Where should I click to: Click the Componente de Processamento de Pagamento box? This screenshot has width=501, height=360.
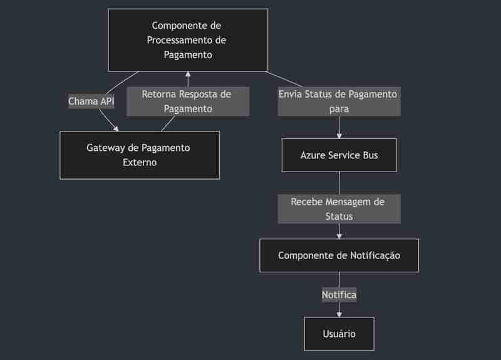tap(188, 40)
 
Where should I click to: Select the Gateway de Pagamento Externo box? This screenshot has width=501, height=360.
tap(140, 155)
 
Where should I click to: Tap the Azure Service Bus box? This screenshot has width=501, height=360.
tap(339, 155)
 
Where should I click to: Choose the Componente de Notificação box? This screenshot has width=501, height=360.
tap(339, 255)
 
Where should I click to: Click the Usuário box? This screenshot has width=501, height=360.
tap(339, 334)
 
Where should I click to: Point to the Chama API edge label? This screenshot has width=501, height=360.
tap(91, 101)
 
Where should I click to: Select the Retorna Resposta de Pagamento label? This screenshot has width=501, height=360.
tap(188, 101)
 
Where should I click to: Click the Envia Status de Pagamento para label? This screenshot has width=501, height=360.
tap(339, 101)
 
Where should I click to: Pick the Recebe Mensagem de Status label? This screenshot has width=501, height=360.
tap(339, 209)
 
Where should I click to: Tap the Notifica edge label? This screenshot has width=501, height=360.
tap(339, 294)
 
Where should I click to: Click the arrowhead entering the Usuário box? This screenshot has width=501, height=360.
tap(339, 314)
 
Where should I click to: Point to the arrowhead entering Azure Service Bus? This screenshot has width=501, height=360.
tap(339, 136)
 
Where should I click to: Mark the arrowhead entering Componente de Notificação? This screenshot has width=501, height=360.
tap(339, 236)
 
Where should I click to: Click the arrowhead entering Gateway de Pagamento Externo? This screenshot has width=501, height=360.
tap(116, 129)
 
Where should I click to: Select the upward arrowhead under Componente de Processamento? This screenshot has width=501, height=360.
tap(188, 74)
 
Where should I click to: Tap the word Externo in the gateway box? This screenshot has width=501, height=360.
tap(140, 162)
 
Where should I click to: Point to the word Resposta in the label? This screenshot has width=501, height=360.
tap(197, 95)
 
